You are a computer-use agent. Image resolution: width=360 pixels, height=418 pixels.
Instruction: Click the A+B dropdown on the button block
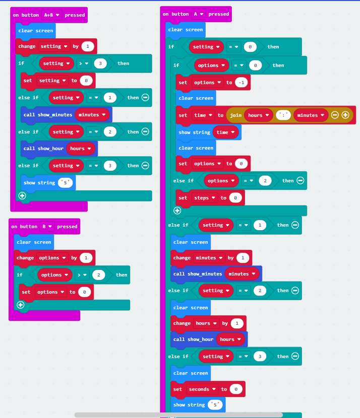point(51,15)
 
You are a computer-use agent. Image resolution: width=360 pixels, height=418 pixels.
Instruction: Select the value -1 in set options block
point(241,83)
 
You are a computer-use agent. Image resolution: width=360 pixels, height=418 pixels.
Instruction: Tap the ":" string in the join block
point(283,115)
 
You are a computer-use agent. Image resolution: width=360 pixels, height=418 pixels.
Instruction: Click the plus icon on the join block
point(345,115)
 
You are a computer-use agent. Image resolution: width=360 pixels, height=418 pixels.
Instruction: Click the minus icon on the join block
point(335,115)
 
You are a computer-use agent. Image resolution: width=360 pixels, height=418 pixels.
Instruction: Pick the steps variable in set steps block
point(204,198)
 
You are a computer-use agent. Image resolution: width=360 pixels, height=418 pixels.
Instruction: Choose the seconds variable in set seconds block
point(202,389)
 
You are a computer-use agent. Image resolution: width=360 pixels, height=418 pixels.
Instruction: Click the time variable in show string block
point(225,132)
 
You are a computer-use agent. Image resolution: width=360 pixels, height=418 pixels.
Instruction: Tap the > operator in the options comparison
point(82,275)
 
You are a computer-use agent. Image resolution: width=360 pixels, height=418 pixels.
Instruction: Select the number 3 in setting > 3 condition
point(100,63)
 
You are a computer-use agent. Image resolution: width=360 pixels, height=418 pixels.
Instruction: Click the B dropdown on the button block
point(47,226)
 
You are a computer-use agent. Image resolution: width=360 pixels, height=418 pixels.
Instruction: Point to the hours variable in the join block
point(258,115)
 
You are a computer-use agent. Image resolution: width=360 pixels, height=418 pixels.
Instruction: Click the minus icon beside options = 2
point(301,180)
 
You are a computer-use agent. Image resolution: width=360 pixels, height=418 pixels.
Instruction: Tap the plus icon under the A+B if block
point(22,196)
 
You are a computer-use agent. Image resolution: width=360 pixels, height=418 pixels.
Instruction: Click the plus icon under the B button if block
point(21,305)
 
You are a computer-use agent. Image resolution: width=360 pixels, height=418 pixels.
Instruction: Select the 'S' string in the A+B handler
point(65,183)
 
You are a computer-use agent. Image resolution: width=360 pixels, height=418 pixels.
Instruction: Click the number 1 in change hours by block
point(237,323)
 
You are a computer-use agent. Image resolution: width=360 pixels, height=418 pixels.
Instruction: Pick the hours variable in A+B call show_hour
point(81,149)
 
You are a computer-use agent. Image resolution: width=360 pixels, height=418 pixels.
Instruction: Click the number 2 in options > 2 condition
point(99,275)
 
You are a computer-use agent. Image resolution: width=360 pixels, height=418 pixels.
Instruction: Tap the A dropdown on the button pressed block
point(199,14)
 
